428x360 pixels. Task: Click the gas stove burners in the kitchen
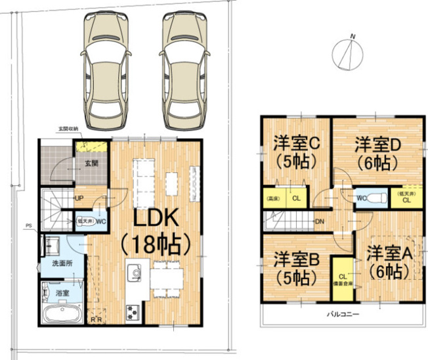[134, 311]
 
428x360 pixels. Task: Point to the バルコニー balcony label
[343, 315]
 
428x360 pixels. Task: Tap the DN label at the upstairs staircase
[319, 221]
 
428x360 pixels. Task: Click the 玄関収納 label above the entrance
[68, 128]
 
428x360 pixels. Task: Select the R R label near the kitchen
[96, 320]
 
